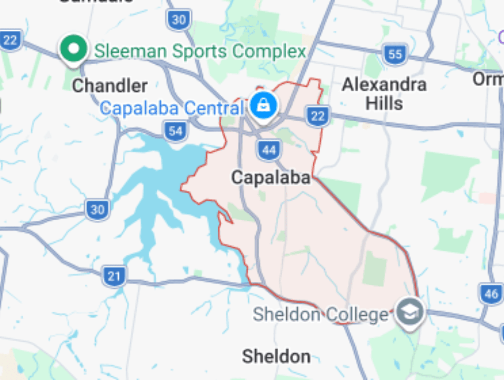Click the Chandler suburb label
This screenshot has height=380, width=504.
(x=110, y=86)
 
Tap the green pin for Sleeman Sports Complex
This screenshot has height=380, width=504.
(x=74, y=49)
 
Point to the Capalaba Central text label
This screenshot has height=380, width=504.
(x=172, y=109)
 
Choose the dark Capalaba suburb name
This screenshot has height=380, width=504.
(x=270, y=178)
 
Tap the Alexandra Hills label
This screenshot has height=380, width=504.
(x=384, y=94)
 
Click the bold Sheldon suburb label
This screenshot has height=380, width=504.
(x=276, y=356)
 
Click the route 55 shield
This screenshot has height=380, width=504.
(x=395, y=54)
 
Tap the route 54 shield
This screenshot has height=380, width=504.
(x=175, y=131)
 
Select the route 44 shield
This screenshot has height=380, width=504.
(x=269, y=150)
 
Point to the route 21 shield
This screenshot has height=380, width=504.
(x=114, y=276)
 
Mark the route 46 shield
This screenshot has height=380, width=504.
(x=491, y=293)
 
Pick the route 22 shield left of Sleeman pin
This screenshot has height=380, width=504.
(x=10, y=40)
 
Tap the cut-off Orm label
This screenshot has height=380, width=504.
(x=488, y=79)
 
